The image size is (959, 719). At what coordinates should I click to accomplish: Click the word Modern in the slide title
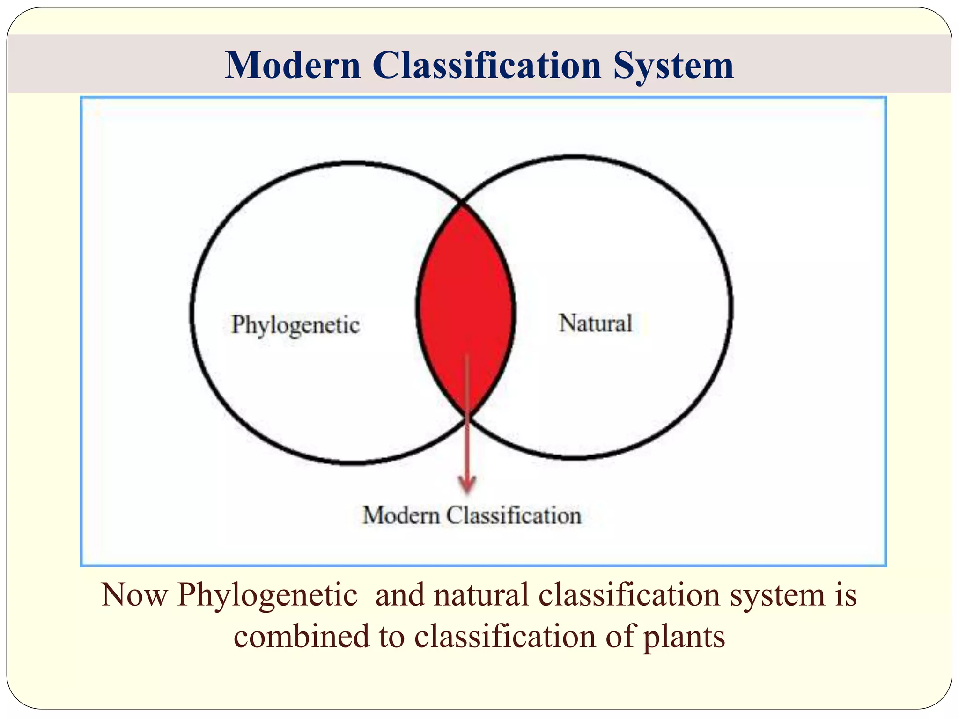[292, 65]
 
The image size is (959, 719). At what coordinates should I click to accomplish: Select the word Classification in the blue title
[487, 65]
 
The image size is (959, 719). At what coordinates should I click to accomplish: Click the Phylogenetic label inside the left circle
[295, 324]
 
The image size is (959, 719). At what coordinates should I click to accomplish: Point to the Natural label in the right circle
[595, 323]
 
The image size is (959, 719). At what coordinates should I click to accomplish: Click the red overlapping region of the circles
[465, 300]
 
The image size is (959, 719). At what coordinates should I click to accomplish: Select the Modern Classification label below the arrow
[472, 515]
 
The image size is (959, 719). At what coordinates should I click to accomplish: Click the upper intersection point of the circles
[463, 203]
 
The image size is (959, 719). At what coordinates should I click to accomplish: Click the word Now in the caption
[134, 595]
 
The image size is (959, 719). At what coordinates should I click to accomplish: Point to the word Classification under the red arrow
[513, 515]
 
